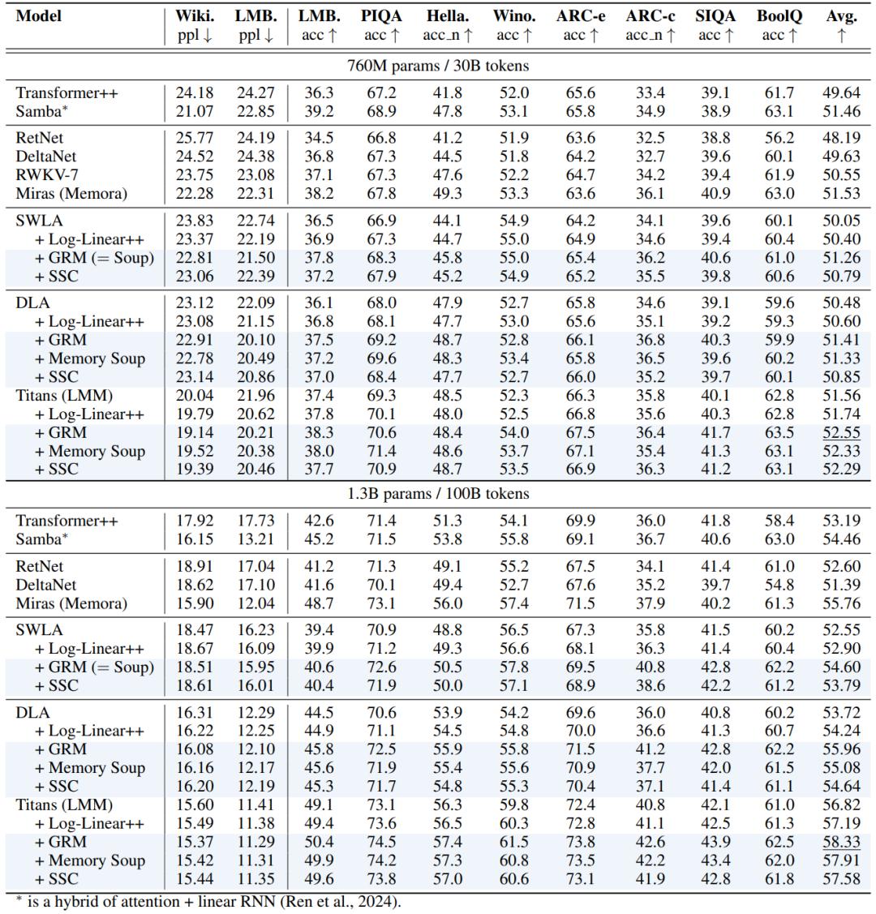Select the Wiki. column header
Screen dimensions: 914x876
tap(195, 16)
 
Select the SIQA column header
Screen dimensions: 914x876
tap(715, 16)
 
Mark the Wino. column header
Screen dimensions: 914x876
tap(514, 16)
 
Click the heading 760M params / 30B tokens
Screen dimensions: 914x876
tap(438, 66)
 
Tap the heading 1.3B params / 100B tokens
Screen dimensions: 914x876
tap(438, 493)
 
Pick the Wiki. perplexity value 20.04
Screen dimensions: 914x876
tap(195, 397)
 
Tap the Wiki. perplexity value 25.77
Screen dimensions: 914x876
tap(195, 138)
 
